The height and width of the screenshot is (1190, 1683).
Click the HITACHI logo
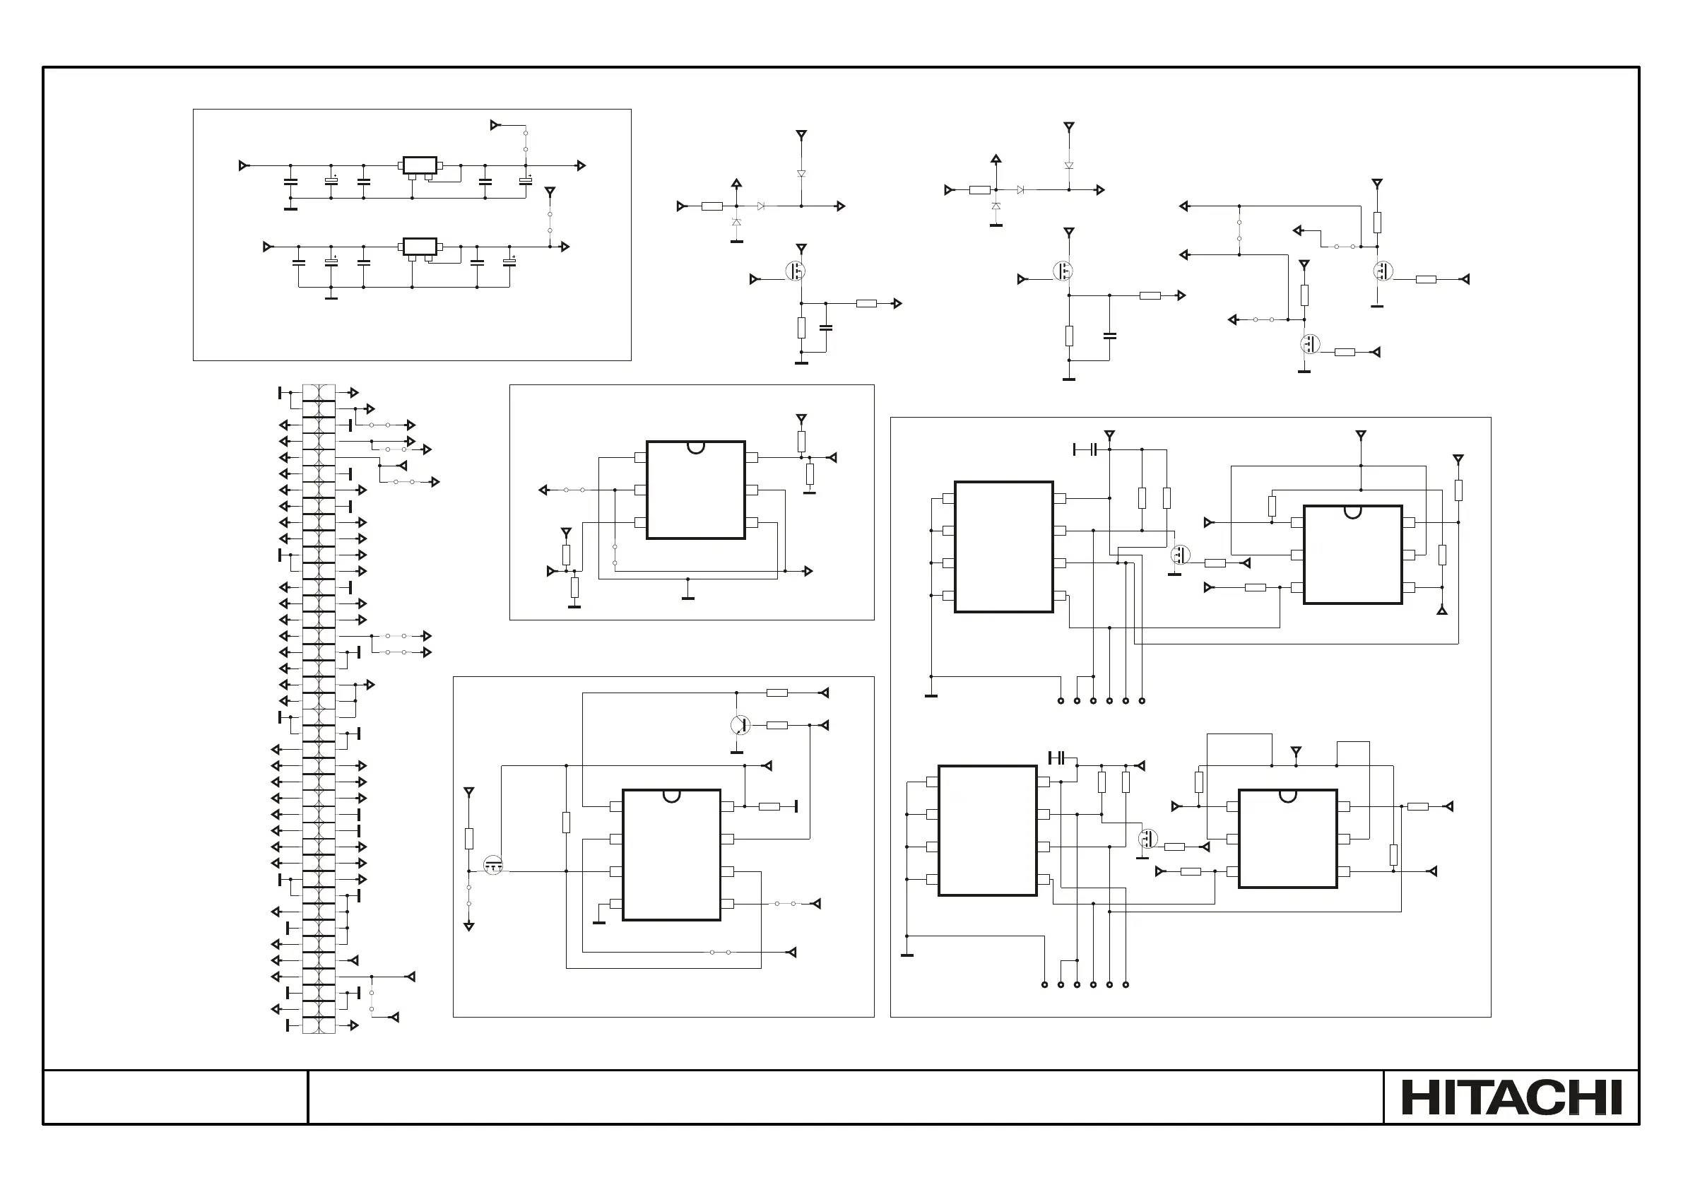click(1511, 1097)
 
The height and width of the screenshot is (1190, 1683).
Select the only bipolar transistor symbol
click(740, 725)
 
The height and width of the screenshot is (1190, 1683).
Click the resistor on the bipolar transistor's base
click(777, 725)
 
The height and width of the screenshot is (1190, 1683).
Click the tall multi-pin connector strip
click(319, 708)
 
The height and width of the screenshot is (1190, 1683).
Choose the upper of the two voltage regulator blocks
click(420, 165)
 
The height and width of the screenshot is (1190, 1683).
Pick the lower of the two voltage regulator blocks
click(420, 247)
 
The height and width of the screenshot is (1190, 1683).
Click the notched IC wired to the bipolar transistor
click(671, 855)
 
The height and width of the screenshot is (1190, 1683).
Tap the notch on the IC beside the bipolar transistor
click(671, 795)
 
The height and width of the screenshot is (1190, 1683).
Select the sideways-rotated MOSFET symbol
click(494, 865)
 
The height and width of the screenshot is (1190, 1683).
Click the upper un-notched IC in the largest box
click(1003, 547)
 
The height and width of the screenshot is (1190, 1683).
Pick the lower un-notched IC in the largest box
click(987, 831)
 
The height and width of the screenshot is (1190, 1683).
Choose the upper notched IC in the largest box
click(1352, 554)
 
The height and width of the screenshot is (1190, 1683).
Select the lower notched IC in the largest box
click(1288, 839)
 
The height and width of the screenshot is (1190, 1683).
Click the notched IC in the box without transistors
click(696, 490)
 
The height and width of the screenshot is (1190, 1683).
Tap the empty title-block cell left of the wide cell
click(175, 1097)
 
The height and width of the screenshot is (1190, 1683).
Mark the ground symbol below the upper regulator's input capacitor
click(291, 209)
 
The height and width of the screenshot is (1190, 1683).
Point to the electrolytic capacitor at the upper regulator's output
click(526, 181)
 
